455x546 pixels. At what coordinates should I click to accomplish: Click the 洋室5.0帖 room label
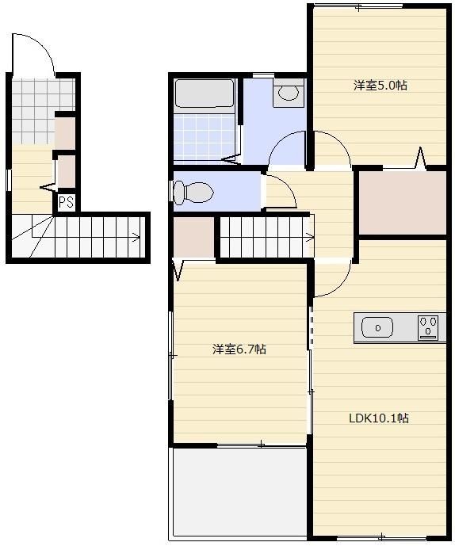pos(380,86)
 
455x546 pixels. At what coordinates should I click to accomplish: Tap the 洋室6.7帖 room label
pos(239,349)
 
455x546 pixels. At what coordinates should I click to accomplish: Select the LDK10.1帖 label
pos(379,418)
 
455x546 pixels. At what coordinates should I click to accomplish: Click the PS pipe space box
pos(67,202)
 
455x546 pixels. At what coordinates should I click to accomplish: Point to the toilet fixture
pos(193,193)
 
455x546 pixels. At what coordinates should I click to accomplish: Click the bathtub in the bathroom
pos(205,94)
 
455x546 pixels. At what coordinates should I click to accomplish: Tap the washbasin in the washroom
pos(289,93)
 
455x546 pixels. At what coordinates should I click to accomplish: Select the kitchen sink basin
pos(377,328)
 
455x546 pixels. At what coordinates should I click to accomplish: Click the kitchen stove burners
pos(428,327)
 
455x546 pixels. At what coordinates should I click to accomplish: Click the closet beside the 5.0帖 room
pos(403,202)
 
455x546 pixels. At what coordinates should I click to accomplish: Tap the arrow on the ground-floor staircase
pos(136,238)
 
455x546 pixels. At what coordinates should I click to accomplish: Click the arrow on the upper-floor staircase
pos(309,239)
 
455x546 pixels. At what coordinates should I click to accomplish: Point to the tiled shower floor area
pos(204,138)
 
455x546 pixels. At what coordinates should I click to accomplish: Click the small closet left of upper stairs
pos(193,238)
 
